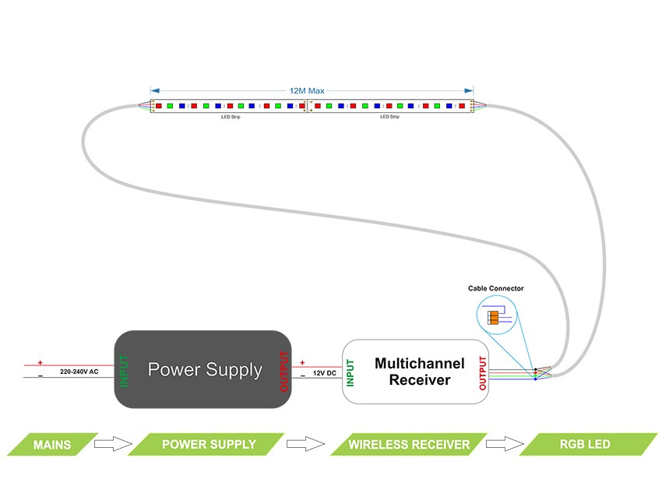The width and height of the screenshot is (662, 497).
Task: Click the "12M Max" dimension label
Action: [307, 91]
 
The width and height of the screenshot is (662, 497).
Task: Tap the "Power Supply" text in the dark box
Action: [205, 369]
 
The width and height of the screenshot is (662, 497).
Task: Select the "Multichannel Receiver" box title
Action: [419, 372]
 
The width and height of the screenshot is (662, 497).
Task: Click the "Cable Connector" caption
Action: [495, 288]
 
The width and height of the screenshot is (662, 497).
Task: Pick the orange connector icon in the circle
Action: [493, 317]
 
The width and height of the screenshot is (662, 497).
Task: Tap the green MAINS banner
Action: [52, 445]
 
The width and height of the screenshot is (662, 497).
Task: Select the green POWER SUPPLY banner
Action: [208, 445]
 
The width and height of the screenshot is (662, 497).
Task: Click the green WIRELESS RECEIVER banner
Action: [409, 445]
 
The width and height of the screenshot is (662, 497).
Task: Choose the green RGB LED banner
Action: [585, 445]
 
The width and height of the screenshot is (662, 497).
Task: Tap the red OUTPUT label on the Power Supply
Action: [283, 371]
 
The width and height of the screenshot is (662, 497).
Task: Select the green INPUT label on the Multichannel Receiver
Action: [351, 372]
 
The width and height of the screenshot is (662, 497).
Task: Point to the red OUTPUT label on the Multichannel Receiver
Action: [483, 372]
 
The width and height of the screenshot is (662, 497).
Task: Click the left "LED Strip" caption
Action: [231, 117]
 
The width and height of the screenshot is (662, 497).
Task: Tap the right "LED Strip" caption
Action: [389, 117]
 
